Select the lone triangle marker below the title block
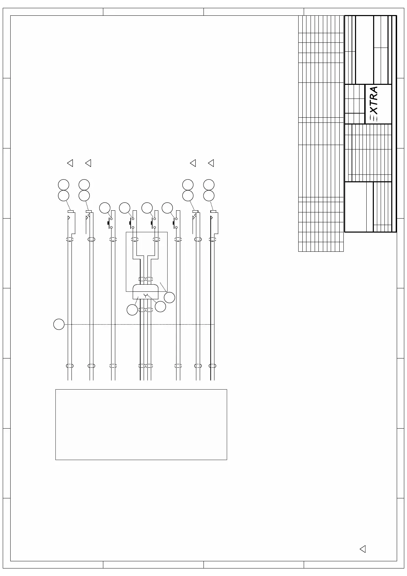pos(363,549)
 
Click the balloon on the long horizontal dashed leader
pos(59,324)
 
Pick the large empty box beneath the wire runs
pos(141,424)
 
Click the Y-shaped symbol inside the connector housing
pos(146,295)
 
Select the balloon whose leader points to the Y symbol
pos(160,306)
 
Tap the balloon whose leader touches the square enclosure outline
pos(169,297)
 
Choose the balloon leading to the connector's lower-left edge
pos(132,310)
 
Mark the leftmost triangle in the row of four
pos(70,163)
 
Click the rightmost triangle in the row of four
pos(211,163)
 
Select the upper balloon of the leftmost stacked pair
pos(64,185)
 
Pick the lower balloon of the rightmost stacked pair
pos(209,196)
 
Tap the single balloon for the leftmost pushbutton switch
pos(105,208)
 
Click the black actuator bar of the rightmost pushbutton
pos(173,223)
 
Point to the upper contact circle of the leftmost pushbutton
pos(111,219)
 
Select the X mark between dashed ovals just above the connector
pos(145,279)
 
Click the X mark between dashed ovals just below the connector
pos(145,310)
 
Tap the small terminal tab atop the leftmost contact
pos(70,212)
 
